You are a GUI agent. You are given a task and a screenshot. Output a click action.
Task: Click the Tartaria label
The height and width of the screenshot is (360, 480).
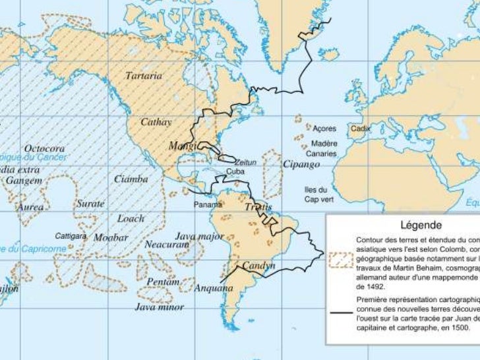tap(144, 76)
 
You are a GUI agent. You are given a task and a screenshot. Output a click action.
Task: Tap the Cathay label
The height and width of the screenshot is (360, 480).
tap(157, 122)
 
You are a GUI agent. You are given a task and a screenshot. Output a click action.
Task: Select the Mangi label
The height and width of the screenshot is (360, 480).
tap(182, 145)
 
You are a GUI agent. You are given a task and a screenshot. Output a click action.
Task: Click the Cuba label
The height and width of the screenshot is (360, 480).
tap(235, 171)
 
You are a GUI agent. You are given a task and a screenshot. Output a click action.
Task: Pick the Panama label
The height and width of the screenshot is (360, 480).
tap(207, 204)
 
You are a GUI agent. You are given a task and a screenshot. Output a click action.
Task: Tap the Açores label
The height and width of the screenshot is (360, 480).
tap(324, 129)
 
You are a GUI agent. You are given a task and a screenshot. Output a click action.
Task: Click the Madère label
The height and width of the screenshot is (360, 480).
tap(324, 143)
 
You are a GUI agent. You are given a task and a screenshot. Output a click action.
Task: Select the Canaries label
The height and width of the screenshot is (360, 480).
tap(324, 154)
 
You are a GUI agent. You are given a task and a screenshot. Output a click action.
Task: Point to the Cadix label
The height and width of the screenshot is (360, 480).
tap(361, 129)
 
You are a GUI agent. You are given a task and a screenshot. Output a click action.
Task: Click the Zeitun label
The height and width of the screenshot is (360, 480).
tap(245, 161)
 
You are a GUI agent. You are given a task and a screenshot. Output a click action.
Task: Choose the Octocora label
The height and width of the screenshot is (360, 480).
tap(44, 148)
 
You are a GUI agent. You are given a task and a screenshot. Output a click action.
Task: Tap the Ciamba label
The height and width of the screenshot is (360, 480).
tap(131, 179)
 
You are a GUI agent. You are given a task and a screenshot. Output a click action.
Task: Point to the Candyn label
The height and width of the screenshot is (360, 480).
tap(258, 266)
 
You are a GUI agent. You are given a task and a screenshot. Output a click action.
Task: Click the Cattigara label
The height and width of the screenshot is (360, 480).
tap(71, 235)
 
